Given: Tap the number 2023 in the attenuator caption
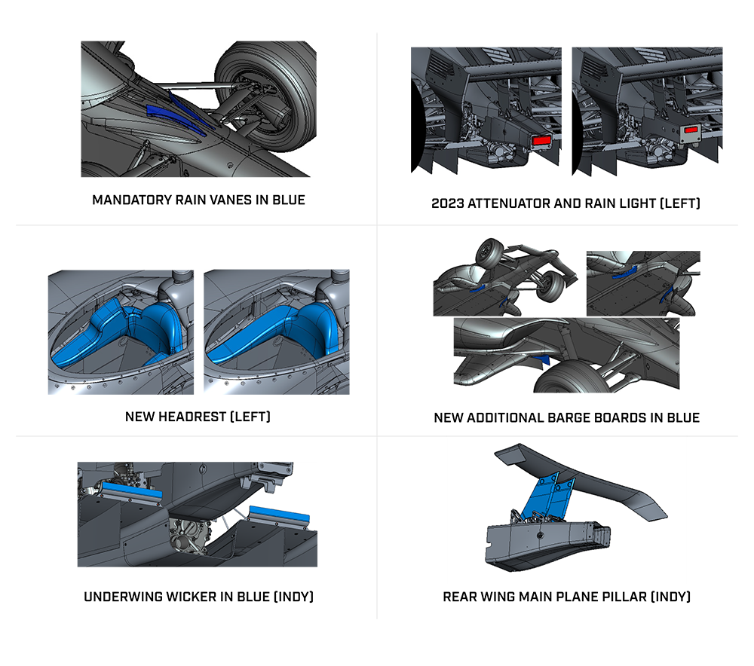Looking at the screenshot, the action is (x=447, y=203).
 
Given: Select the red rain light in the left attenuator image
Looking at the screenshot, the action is (x=541, y=140).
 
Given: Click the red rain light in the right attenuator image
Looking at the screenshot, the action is (x=691, y=130).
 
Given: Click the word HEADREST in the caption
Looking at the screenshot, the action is (x=192, y=417).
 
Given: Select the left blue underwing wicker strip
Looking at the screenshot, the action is (x=130, y=493).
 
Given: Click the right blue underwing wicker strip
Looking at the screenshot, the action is (x=280, y=515).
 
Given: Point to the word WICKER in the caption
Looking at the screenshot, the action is (x=192, y=597).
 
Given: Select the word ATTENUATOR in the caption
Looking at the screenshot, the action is (x=509, y=203).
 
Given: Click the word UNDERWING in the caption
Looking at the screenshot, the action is (x=123, y=597).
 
